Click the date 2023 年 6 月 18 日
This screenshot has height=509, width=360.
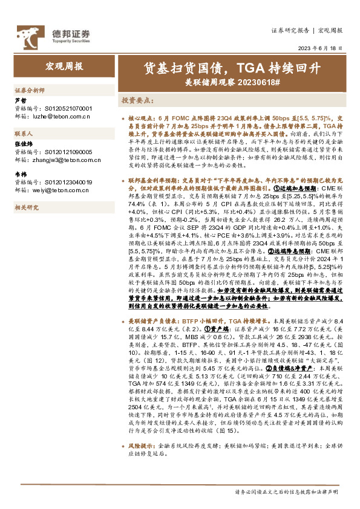321,48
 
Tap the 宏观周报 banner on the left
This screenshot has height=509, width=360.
65,66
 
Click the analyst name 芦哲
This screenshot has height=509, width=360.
20,100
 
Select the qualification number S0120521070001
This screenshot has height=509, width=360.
62,107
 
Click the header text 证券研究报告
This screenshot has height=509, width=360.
290,30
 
